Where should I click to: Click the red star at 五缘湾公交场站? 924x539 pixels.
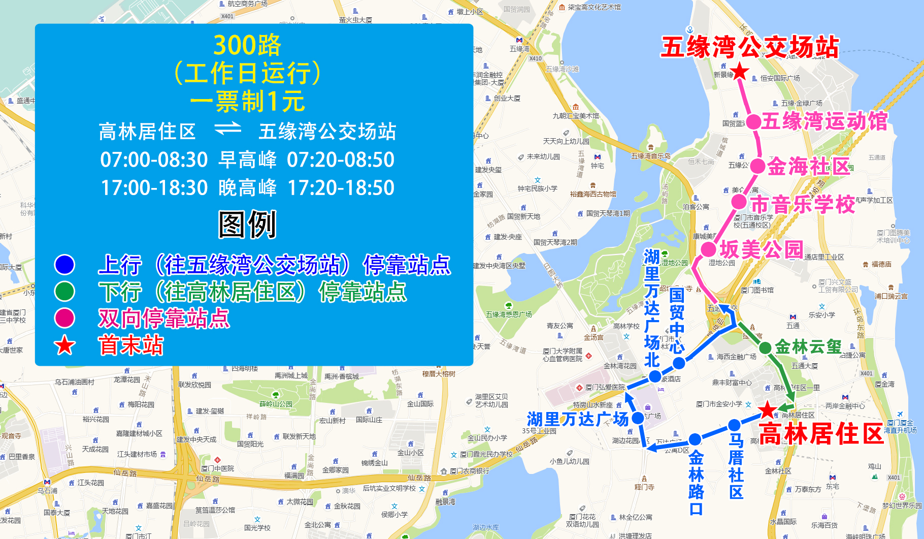[x=740, y=72]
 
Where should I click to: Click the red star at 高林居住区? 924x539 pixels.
[x=768, y=410]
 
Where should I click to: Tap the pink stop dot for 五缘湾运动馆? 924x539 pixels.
[x=753, y=122]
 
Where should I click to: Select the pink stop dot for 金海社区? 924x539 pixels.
[x=757, y=166]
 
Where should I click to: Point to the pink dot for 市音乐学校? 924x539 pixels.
[x=739, y=202]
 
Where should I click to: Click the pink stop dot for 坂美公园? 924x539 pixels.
[x=708, y=249]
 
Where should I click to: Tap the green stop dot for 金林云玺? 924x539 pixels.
[x=765, y=348]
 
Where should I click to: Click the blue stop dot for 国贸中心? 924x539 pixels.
[x=679, y=363]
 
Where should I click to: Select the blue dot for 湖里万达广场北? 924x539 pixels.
[x=655, y=376]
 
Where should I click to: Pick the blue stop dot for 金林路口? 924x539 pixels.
[x=695, y=439]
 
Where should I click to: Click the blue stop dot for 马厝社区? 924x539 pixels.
[x=734, y=425]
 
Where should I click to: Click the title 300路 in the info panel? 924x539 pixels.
[x=247, y=45]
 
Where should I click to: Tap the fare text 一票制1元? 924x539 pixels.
[x=247, y=101]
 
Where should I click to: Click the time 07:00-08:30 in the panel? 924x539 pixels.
[x=154, y=160]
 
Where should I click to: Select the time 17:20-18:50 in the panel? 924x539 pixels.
[x=341, y=187]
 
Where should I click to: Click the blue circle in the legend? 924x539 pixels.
[x=64, y=264]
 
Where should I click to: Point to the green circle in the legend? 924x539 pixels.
[x=64, y=291]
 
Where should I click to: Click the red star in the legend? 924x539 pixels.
[x=64, y=345]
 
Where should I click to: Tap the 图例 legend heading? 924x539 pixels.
[x=247, y=224]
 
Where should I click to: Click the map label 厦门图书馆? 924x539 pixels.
[x=757, y=290]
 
